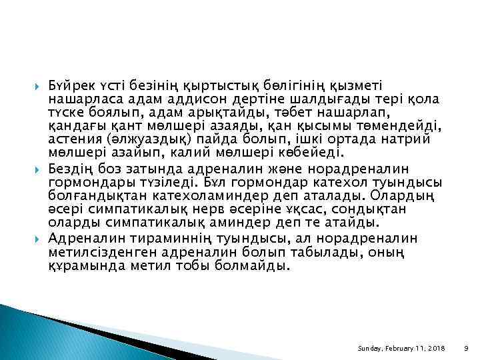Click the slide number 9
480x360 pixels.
pyautogui.click(x=466, y=349)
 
